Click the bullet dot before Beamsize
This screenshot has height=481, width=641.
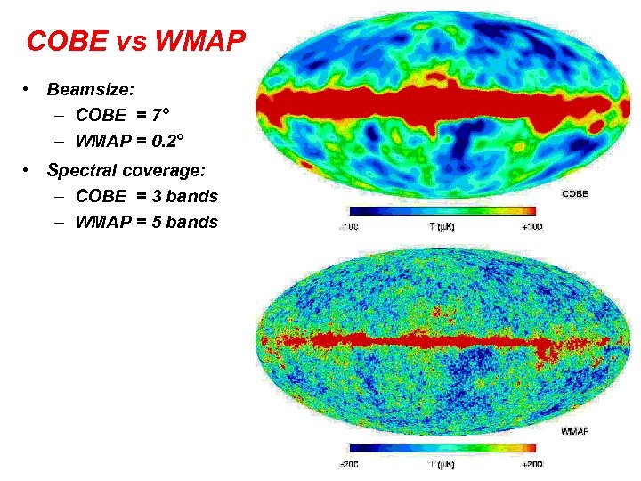(29, 90)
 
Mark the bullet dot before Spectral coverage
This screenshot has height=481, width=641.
(29, 170)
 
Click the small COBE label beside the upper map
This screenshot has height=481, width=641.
(574, 194)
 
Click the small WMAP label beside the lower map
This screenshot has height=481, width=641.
(574, 431)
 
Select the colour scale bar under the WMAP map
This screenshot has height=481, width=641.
(442, 449)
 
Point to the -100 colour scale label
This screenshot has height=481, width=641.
(348, 226)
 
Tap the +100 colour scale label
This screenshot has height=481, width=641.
(532, 226)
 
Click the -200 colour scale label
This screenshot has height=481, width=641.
(348, 464)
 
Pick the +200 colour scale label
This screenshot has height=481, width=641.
(532, 464)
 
